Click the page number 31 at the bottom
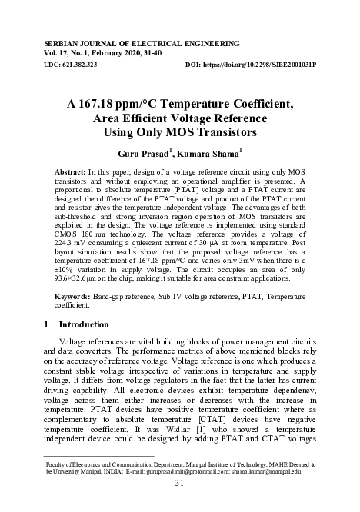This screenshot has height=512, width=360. tap(180, 483)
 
